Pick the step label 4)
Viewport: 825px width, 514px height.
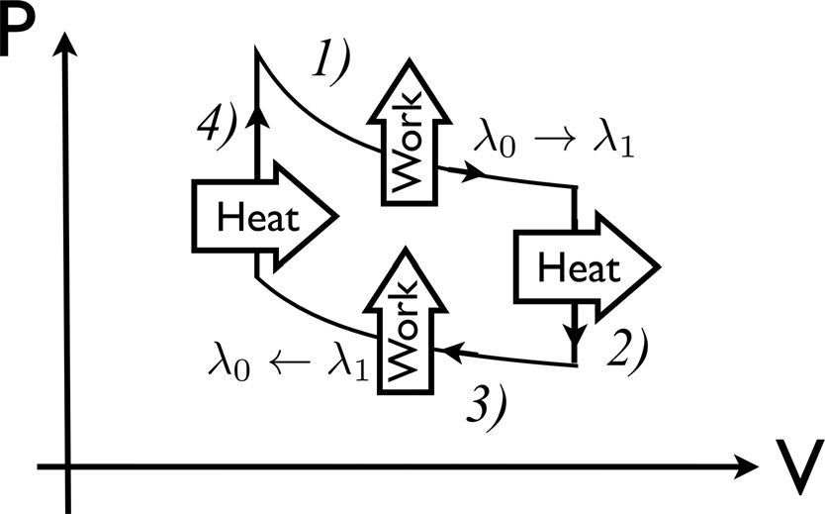point(215,127)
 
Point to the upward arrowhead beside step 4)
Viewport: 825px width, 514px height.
point(256,117)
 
